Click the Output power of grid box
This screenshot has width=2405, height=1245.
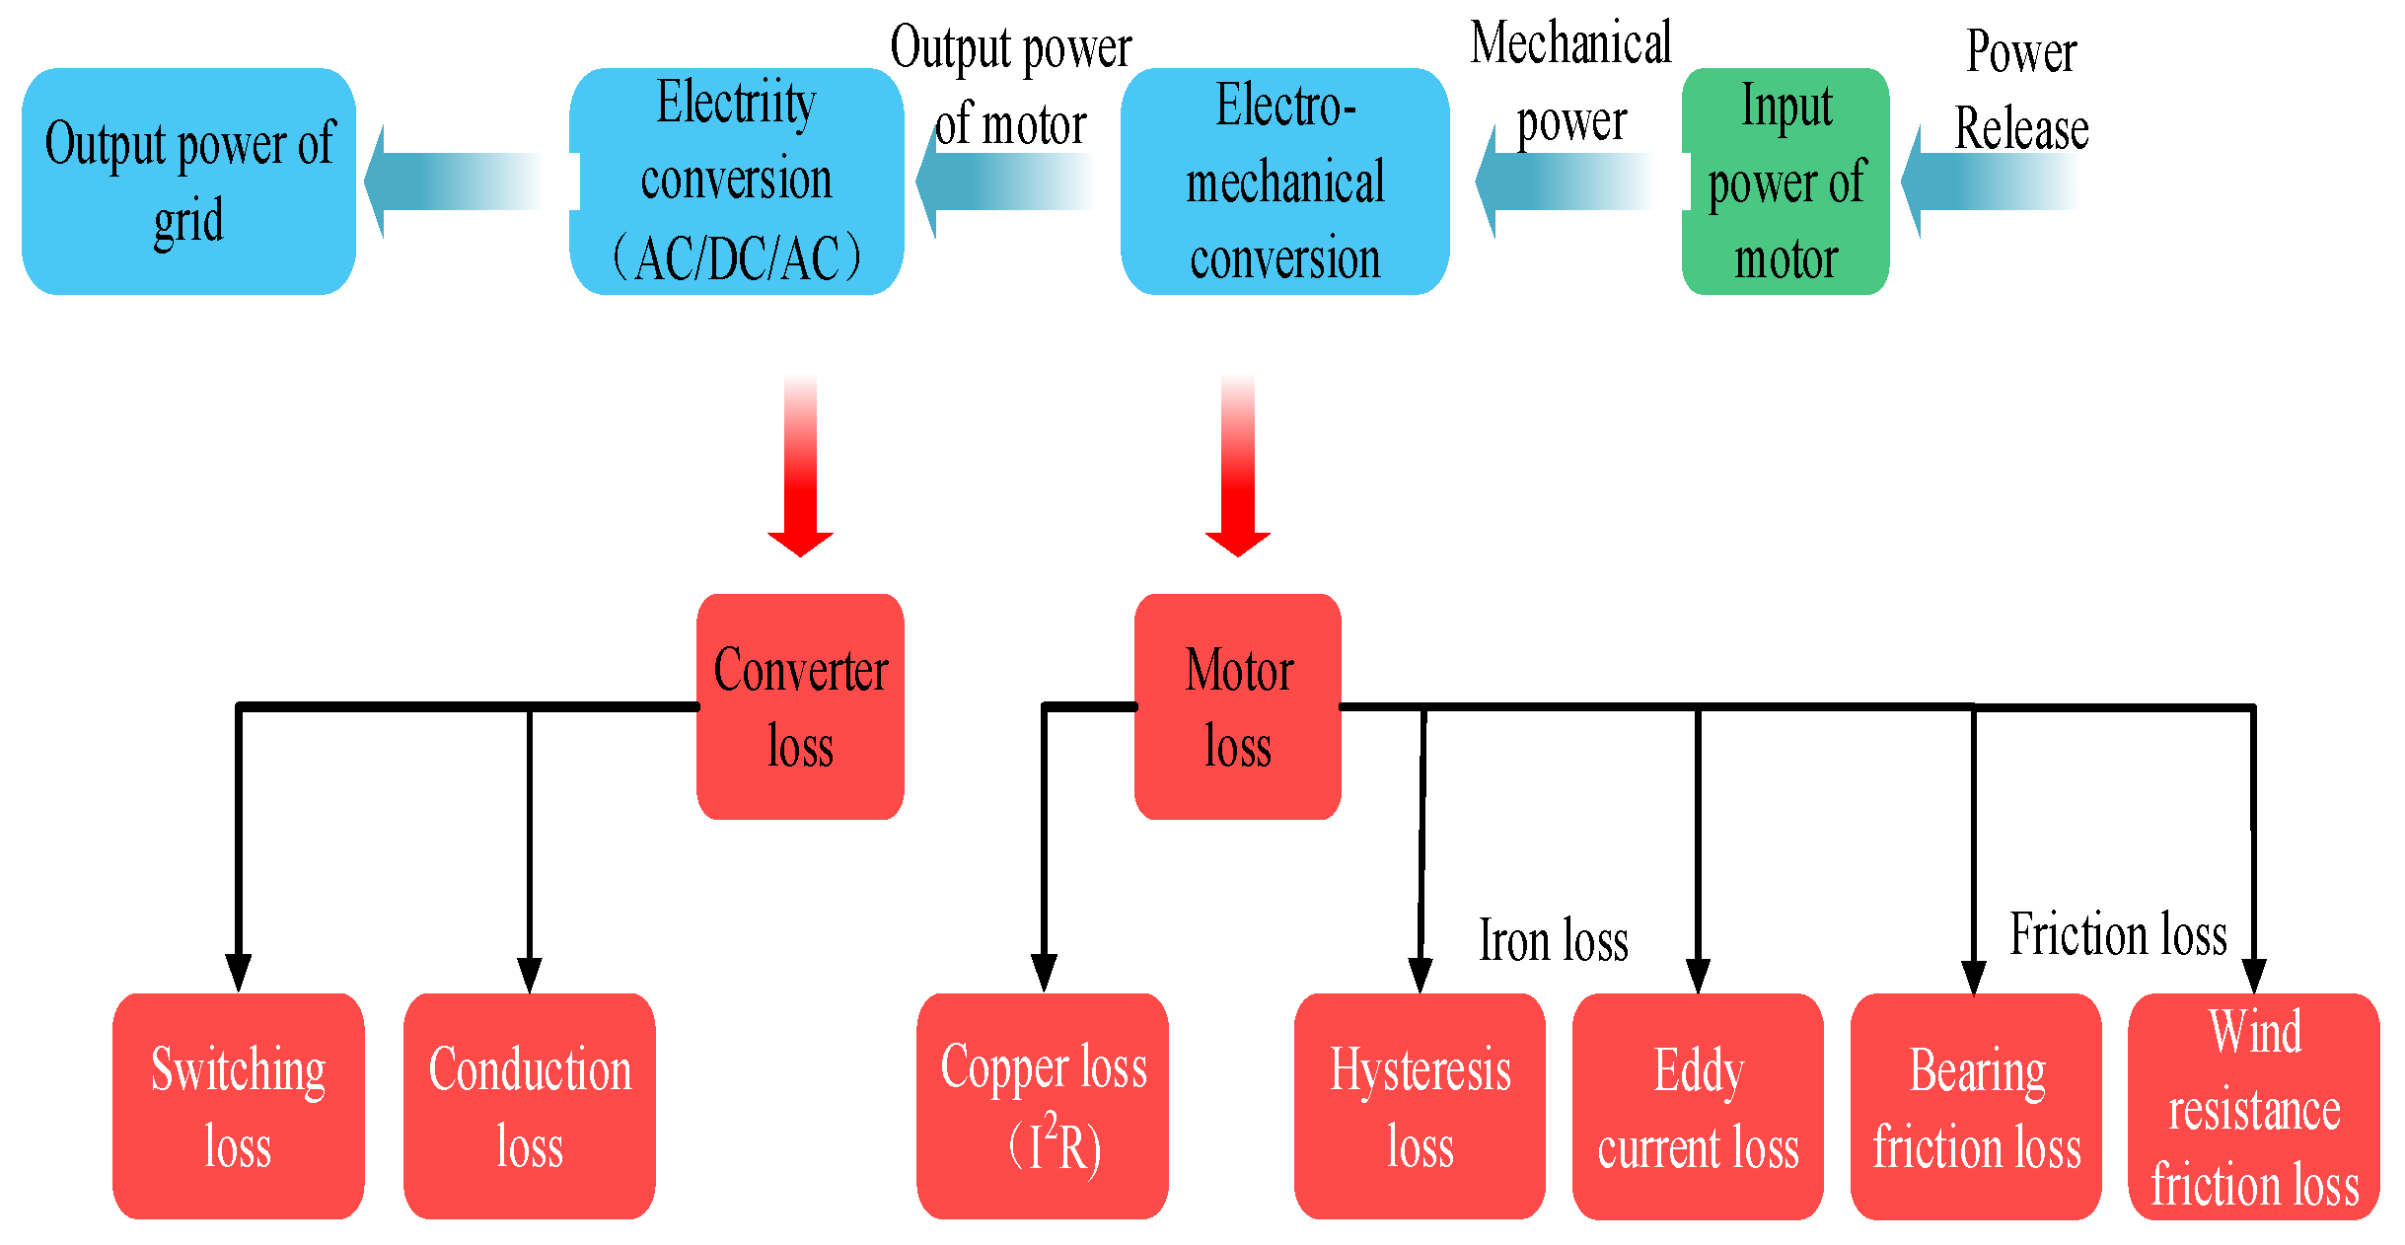[188, 182]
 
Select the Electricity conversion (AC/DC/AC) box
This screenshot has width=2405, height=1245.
[737, 182]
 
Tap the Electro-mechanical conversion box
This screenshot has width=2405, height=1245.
[1284, 182]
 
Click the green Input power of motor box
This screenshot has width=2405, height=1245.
[1786, 182]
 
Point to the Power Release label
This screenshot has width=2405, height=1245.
[2020, 91]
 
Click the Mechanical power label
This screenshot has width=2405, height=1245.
[1570, 83]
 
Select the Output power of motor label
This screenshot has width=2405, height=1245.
[1010, 87]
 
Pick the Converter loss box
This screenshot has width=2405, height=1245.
[800, 706]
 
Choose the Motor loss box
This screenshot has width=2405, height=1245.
[1237, 706]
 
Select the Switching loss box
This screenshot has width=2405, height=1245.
[238, 1106]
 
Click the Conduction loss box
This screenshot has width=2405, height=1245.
[530, 1106]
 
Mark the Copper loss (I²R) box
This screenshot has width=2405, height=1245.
[1043, 1106]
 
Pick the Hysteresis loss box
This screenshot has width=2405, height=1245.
[1420, 1106]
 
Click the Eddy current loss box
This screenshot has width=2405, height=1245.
[1698, 1106]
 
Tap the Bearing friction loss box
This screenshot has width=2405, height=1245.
[1976, 1106]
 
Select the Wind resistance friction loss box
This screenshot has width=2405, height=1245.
[2254, 1106]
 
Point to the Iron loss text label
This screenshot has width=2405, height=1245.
[1553, 940]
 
